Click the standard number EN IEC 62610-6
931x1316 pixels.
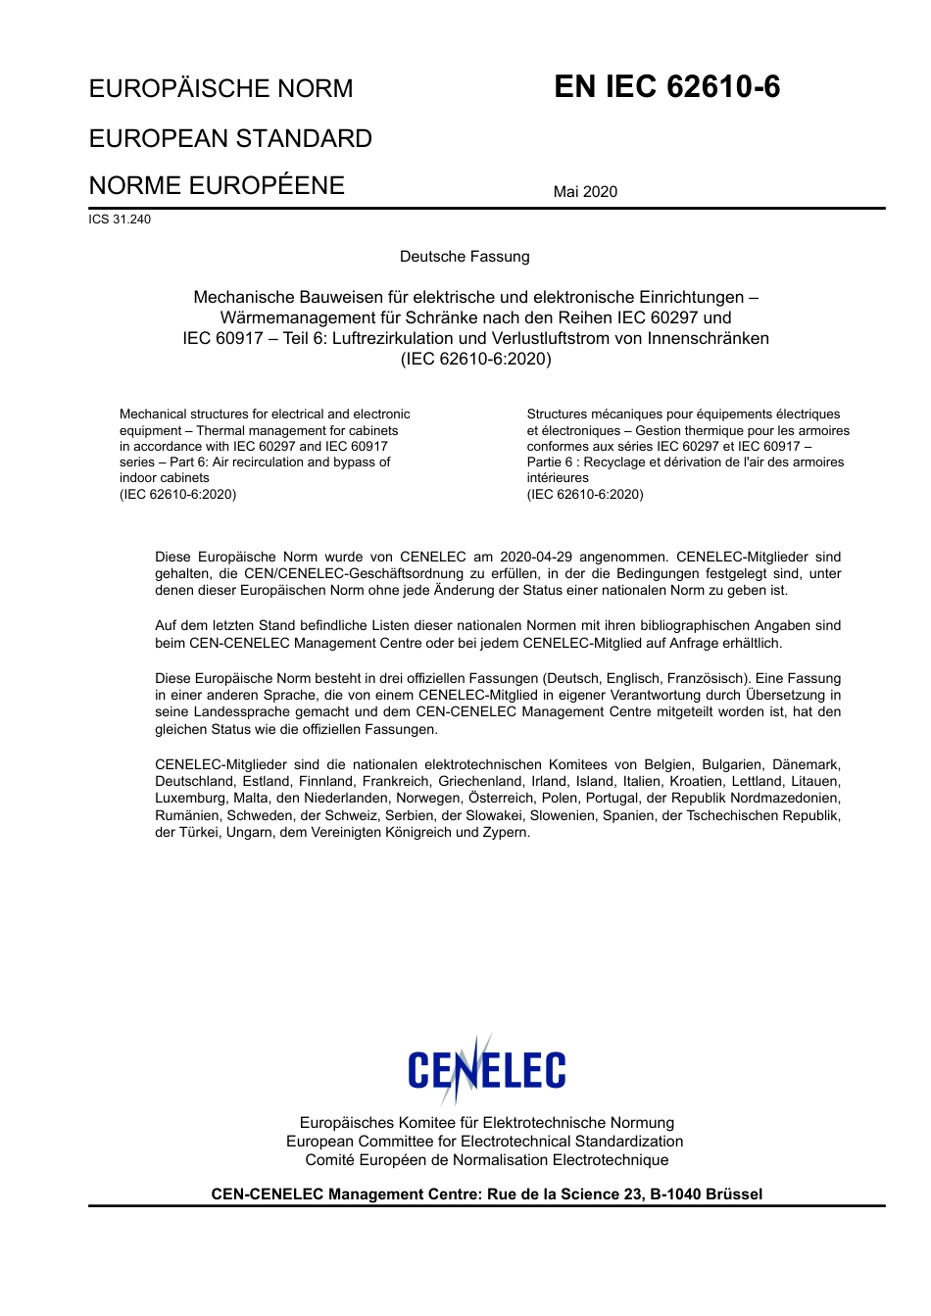pos(666,87)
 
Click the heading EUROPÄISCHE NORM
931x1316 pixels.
pos(220,89)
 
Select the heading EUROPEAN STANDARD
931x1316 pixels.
pos(230,138)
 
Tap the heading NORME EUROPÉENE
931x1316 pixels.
pos(217,186)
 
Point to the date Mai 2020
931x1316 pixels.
pos(585,192)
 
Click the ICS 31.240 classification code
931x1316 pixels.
pos(120,219)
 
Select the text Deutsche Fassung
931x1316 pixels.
pos(465,257)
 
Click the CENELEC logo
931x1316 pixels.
pos(486,1070)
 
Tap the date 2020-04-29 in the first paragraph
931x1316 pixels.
pos(535,557)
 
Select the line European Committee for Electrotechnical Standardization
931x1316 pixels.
pos(484,1142)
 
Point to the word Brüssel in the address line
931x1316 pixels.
pos(733,1194)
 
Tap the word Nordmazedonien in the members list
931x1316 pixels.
pos(787,799)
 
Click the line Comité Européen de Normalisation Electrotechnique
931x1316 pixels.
pos(486,1160)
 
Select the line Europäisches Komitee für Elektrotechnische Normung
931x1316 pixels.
pos(486,1123)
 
